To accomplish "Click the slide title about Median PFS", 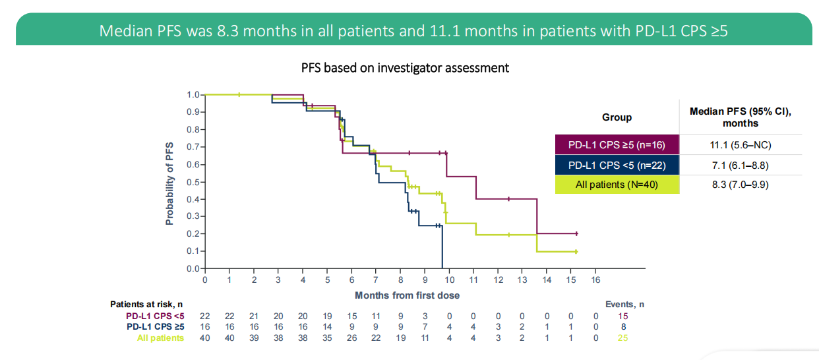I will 413,31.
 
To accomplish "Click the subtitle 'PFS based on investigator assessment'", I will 405,68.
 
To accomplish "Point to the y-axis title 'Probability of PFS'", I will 170,183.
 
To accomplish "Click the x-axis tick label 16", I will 595,280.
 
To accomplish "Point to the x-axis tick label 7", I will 376,280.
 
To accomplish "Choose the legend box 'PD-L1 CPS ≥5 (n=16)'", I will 617,144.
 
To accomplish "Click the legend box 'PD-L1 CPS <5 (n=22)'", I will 617,164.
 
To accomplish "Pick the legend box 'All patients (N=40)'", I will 617,184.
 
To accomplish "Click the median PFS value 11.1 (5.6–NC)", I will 741,144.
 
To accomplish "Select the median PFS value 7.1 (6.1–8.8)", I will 741,164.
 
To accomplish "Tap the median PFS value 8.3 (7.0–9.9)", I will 741,184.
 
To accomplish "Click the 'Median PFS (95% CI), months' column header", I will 741,117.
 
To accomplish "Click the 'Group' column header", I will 617,117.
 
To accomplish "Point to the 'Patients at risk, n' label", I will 146,305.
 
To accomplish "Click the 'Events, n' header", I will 624,305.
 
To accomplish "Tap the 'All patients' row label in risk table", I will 161,338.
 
